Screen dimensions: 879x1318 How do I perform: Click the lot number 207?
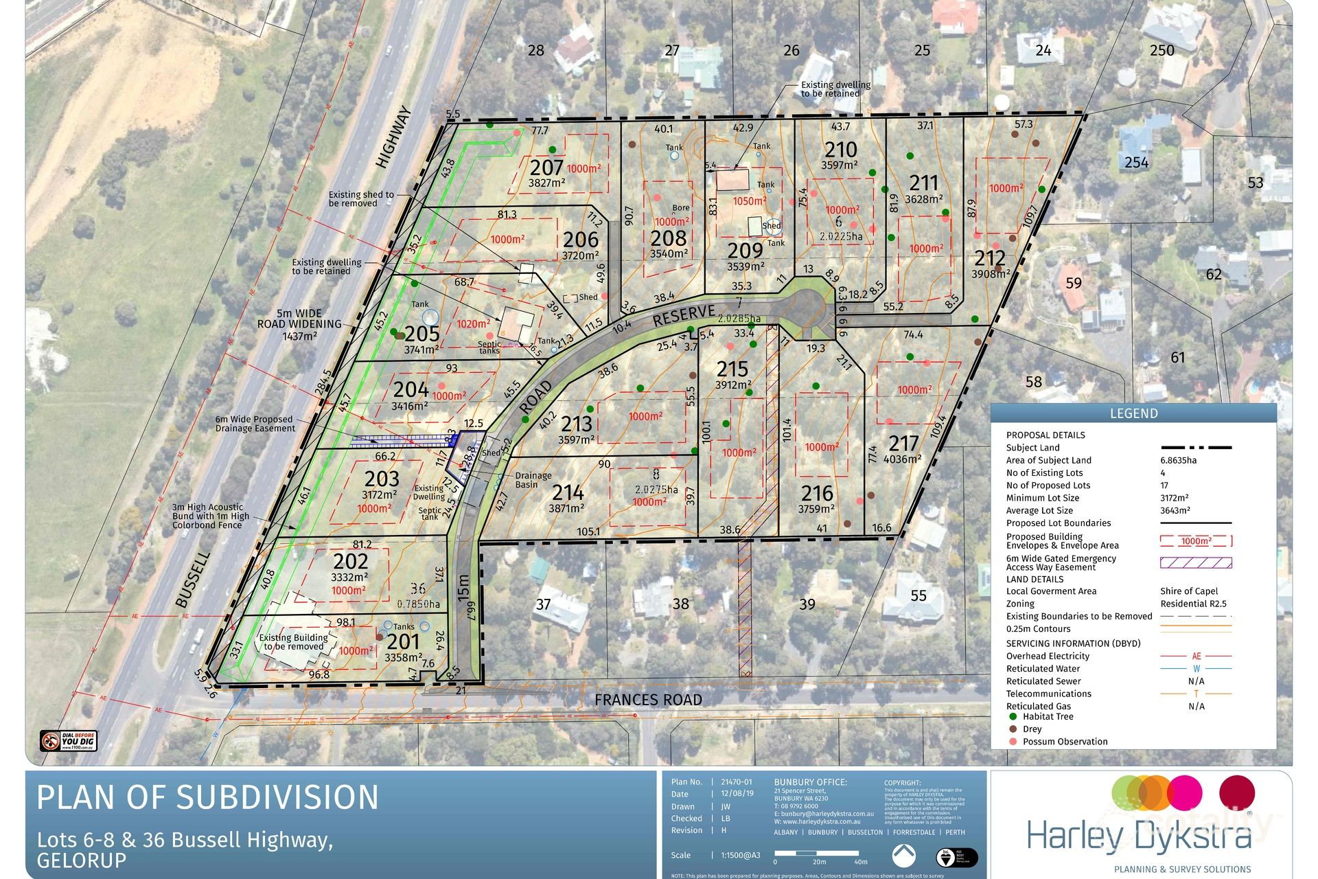coord(546,168)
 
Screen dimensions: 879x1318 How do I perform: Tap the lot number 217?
coord(903,443)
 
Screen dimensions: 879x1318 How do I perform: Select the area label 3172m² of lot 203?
coord(380,494)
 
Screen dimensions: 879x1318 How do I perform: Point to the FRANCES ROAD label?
coord(648,700)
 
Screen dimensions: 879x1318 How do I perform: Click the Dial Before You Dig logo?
coord(69,741)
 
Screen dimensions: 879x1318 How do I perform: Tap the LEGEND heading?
coord(1133,413)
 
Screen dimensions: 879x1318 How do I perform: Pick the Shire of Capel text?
coord(1189,591)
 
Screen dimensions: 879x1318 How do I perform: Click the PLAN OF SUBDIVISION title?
coord(207,798)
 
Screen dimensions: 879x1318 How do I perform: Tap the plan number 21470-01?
coord(737,781)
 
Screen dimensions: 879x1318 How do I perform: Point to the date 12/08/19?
coord(737,794)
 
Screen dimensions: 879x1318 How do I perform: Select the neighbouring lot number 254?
coord(1136,163)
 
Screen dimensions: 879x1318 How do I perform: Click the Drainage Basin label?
coord(533,479)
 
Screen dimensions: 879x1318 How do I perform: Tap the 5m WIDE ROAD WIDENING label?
coord(299,324)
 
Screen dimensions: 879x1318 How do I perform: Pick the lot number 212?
coord(990,258)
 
